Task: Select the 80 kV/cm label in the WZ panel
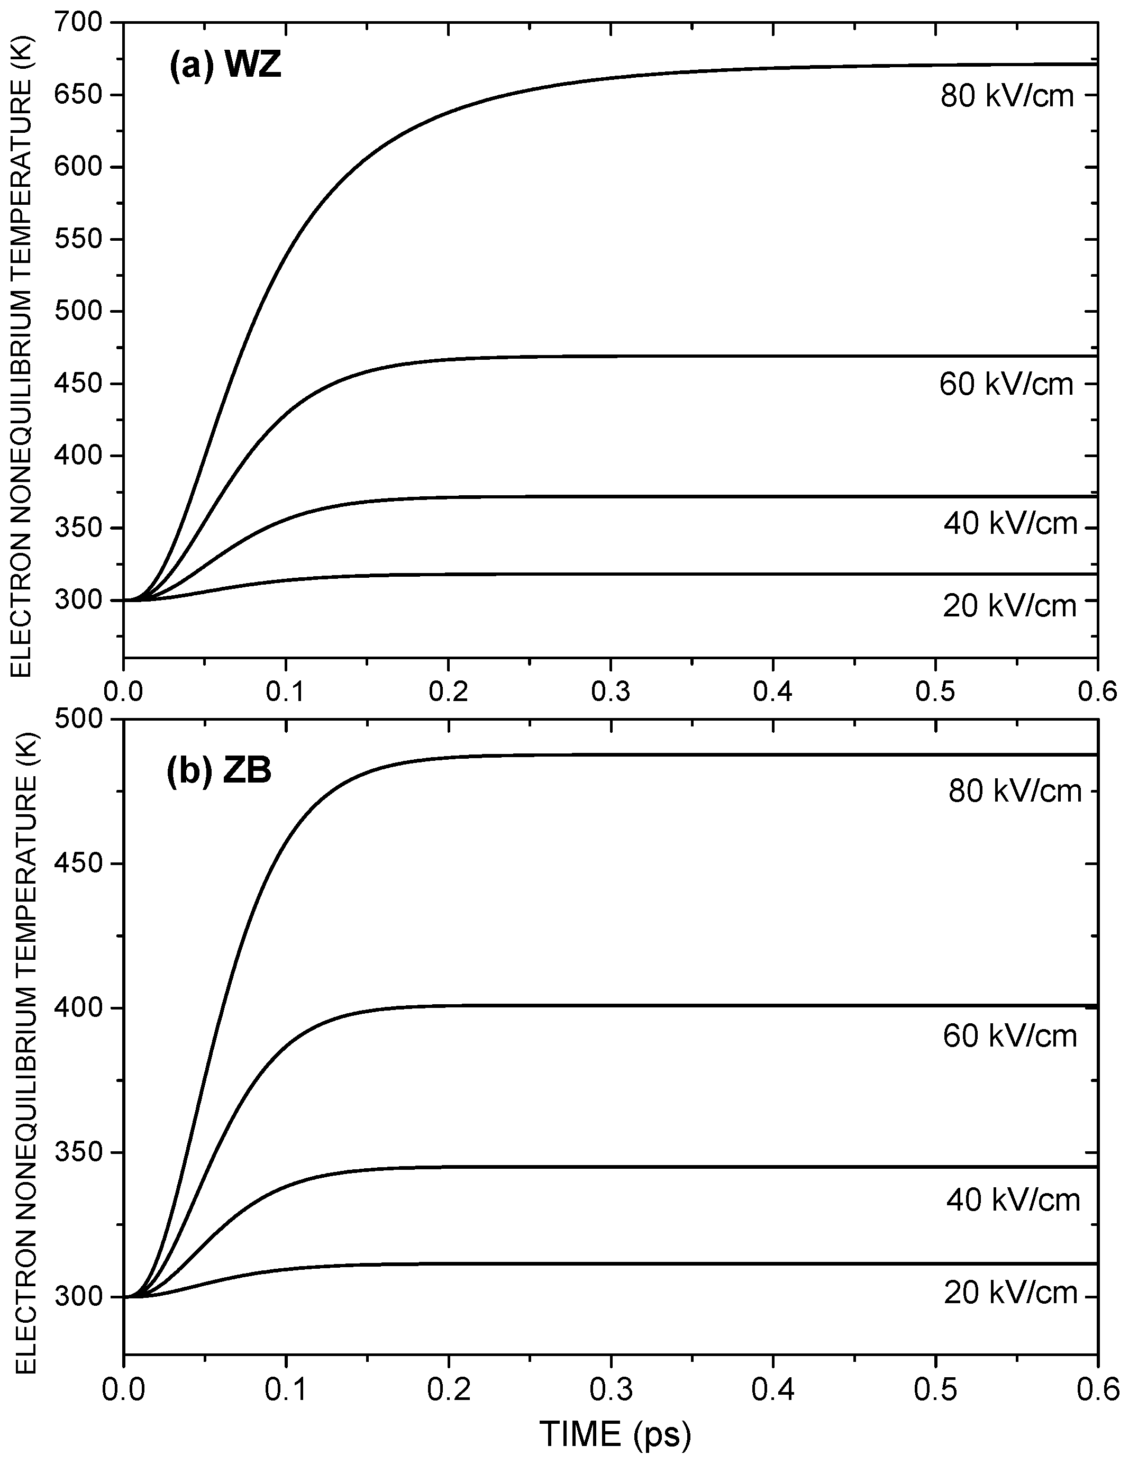1007,96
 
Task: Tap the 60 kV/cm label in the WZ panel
1006,384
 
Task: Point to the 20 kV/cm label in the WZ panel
1009,606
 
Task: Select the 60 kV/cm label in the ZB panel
1009,1036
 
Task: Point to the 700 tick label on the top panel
80,23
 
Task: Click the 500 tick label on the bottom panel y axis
80,719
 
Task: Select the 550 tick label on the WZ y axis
80,239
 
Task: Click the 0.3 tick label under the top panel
611,691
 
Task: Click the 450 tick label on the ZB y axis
80,863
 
